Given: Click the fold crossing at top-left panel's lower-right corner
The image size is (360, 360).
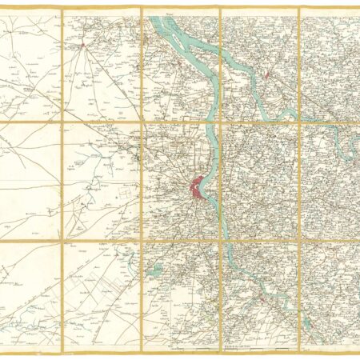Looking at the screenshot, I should point(62,122).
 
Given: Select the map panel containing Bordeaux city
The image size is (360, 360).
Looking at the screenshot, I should point(180,181).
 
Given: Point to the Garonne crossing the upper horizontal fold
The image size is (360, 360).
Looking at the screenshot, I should point(210,122).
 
